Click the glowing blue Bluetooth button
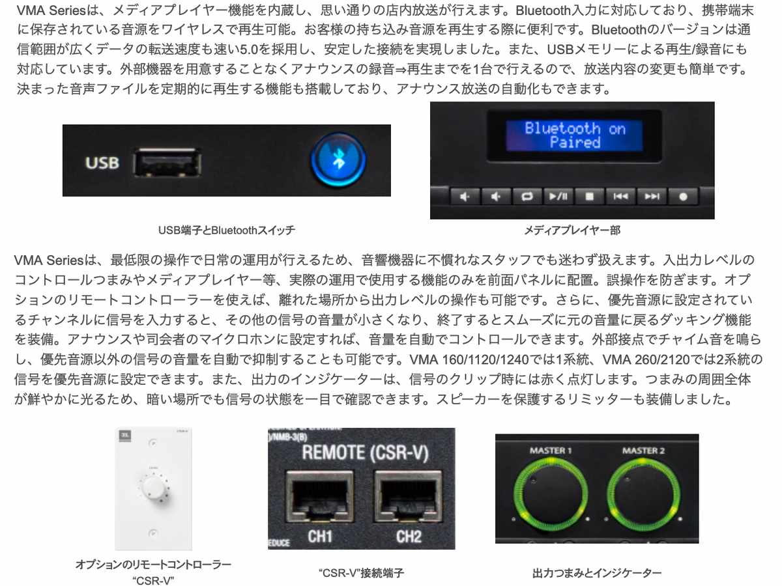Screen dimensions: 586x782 pos(338,161)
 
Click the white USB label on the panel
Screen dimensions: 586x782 pos(102,162)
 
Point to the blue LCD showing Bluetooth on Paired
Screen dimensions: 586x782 pos(574,135)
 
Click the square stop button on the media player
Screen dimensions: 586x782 pos(589,196)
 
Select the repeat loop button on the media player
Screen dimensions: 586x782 pos(527,196)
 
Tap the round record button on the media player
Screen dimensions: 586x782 pos(683,196)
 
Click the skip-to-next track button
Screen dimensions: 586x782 pos(652,196)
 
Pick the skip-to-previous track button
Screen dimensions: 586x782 pos(620,196)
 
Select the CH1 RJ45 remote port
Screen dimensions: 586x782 pos(319,499)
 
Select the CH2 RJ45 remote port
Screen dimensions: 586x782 pos(408,499)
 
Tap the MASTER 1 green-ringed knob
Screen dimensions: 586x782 pos(547,495)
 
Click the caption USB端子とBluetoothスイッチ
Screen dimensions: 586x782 pos(226,230)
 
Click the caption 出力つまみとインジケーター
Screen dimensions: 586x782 pos(596,573)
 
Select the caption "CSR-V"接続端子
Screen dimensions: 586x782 pos(362,573)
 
